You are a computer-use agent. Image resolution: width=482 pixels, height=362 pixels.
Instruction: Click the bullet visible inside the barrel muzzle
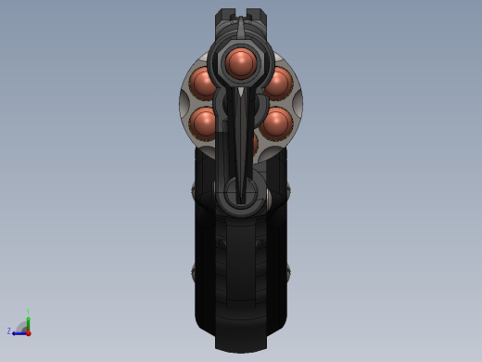click(241, 62)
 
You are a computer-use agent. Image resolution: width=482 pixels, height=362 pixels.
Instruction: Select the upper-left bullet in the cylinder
click(203, 83)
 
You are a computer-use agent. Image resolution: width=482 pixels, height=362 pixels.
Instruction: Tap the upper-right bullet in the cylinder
click(277, 83)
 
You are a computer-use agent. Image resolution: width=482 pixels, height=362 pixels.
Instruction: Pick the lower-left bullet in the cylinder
click(204, 123)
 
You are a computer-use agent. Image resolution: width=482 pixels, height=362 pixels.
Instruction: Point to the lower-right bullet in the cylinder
click(277, 123)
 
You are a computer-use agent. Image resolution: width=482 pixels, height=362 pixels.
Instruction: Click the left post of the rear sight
click(225, 17)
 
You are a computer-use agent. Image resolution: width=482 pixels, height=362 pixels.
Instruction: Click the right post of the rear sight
click(257, 17)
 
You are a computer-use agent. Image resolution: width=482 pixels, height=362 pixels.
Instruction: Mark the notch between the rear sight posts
click(241, 16)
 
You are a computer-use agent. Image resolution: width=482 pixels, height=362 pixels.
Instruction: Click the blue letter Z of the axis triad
click(9, 331)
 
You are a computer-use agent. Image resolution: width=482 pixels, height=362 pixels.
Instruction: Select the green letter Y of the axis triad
click(28, 313)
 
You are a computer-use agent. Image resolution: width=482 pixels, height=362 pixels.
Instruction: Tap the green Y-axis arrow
click(28, 323)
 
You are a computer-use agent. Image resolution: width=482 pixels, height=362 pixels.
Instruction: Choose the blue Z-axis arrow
click(19, 332)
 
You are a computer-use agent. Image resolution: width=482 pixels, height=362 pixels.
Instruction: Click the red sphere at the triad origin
click(28, 332)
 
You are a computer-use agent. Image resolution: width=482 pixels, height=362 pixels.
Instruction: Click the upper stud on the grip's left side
click(196, 192)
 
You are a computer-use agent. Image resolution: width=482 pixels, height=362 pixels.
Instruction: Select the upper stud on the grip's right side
click(286, 192)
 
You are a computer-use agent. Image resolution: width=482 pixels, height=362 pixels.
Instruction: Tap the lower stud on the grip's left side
click(196, 272)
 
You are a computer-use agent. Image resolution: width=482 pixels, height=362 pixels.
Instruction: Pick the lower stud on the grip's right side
click(286, 272)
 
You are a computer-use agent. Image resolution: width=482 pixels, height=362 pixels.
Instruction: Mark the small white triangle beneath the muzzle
click(241, 92)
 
